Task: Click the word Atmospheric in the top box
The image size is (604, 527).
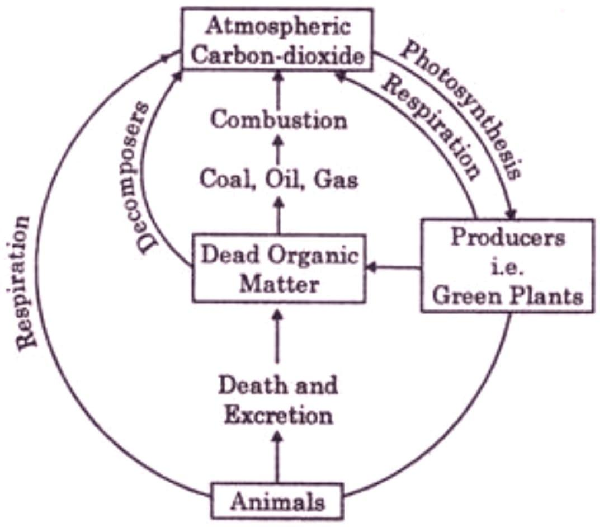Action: (277, 26)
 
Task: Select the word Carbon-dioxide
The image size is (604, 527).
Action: (277, 55)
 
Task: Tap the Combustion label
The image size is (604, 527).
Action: (278, 120)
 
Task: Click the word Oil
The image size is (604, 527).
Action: (277, 180)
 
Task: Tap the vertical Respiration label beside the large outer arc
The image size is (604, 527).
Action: (25, 283)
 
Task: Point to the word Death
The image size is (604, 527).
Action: (244, 385)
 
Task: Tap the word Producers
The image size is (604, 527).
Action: (507, 237)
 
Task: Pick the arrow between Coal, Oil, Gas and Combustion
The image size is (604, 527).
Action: (278, 150)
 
